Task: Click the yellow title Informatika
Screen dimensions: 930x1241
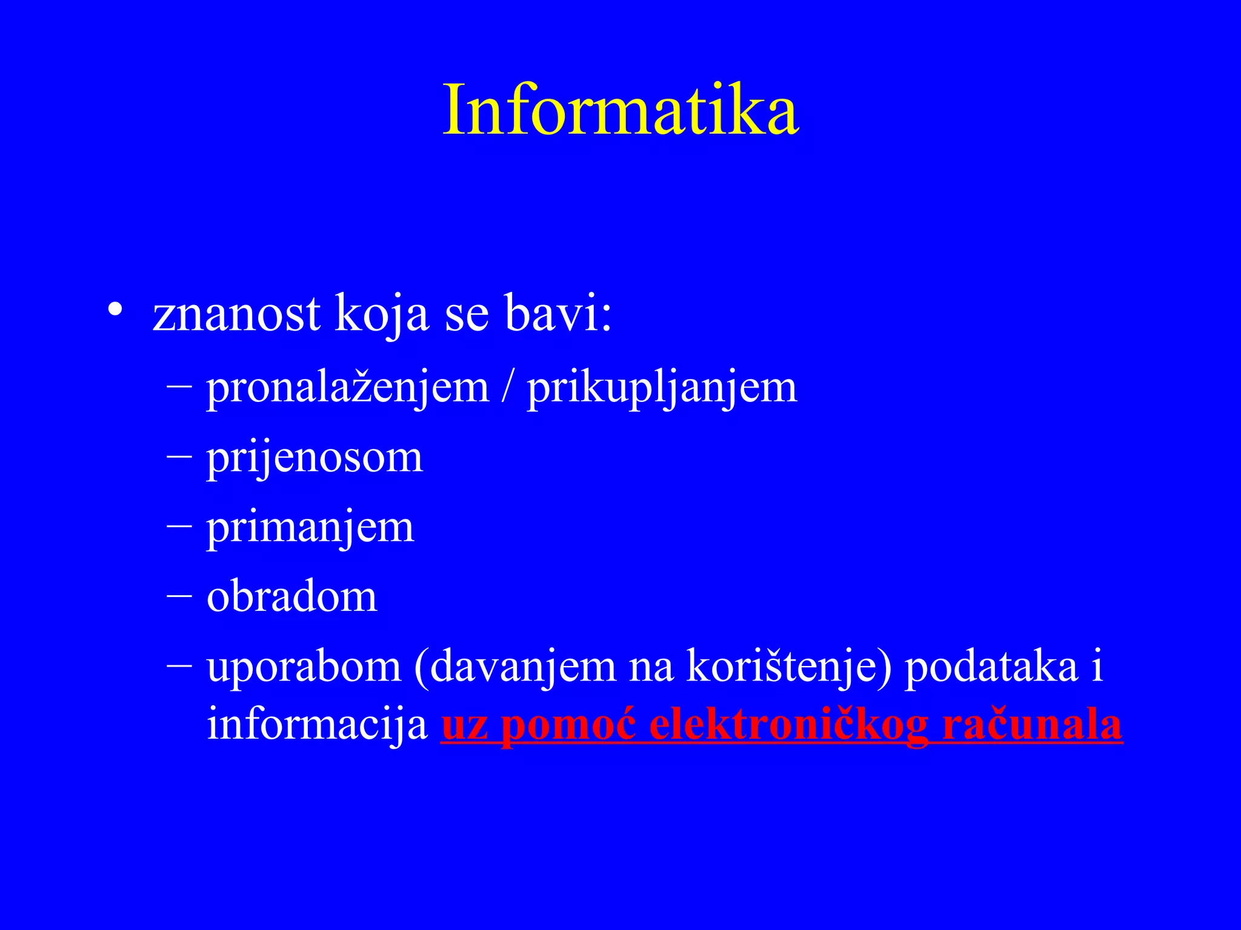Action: tap(620, 111)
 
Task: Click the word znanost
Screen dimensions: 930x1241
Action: tap(236, 315)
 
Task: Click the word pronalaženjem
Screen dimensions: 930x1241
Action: tap(347, 388)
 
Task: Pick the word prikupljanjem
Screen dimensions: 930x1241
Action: tap(662, 388)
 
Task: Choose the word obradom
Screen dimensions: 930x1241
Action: tap(292, 597)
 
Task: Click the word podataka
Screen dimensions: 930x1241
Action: tap(991, 667)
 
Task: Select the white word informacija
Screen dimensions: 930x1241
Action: tap(317, 724)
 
